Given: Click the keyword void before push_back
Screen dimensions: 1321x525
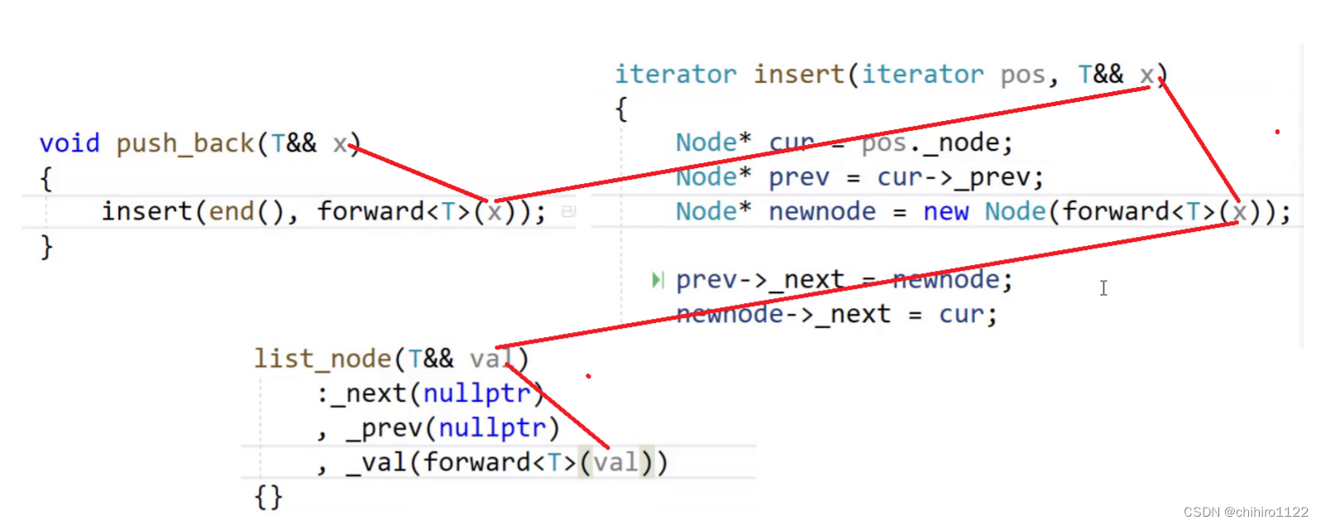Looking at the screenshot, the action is (x=69, y=143).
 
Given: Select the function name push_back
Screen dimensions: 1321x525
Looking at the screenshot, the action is (x=184, y=143).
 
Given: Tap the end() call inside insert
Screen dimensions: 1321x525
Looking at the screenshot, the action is (x=246, y=212).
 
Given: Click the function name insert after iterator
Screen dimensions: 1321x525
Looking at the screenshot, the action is (x=798, y=75).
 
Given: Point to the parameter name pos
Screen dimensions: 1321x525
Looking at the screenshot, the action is (x=1022, y=75).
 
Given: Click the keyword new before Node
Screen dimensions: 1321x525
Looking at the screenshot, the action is (x=945, y=212).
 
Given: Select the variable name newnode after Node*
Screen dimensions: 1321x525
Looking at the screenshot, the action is (x=821, y=212).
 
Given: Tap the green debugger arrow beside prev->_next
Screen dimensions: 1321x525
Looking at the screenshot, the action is (x=657, y=280).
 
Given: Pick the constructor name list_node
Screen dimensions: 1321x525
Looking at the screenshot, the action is (x=322, y=359).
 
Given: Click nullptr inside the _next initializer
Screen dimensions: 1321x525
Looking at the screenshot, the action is (x=476, y=393).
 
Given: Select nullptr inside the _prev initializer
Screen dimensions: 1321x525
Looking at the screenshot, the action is (x=492, y=428).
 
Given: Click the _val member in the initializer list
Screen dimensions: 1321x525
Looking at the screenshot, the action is (x=376, y=462).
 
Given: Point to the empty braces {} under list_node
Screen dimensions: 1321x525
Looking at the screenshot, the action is (x=268, y=497).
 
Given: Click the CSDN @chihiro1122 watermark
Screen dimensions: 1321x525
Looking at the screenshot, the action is (x=1245, y=512).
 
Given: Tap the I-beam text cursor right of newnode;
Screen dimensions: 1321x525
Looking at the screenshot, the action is (x=1103, y=287).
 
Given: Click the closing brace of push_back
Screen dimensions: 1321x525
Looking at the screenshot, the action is (x=46, y=247).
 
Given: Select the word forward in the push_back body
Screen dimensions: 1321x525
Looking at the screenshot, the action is (x=370, y=212).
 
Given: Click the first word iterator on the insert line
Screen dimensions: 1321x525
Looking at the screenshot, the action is (x=675, y=75).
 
